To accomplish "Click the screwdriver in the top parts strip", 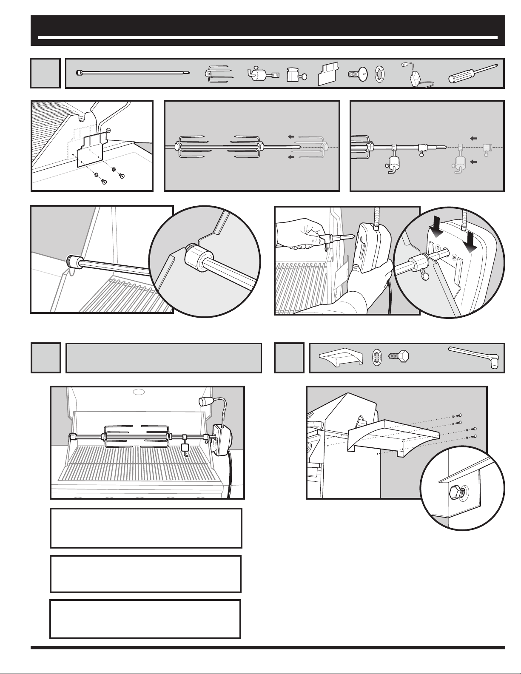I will (473, 74).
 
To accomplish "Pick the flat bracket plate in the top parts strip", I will (330, 74).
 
